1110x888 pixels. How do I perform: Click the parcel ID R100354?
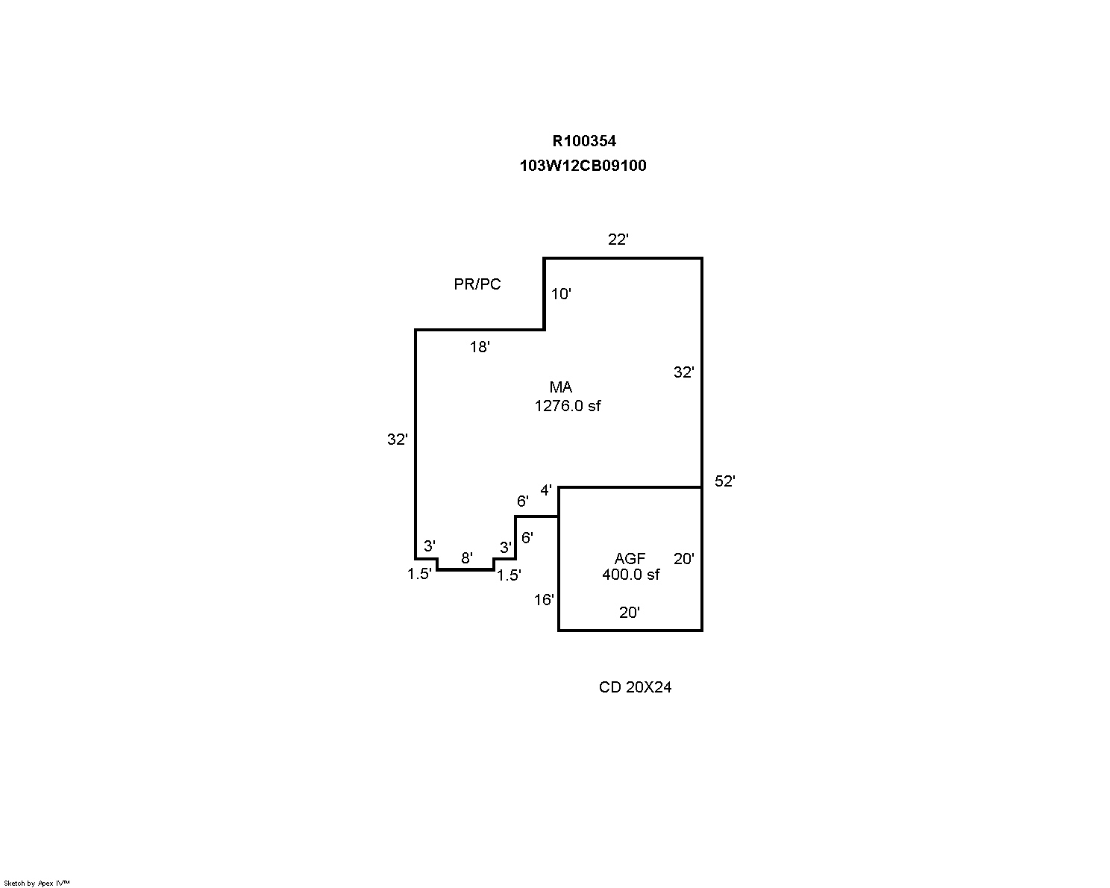coord(584,141)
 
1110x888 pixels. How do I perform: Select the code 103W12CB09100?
coord(583,166)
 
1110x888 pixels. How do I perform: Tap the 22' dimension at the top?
coord(618,240)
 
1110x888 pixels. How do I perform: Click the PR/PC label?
coord(477,284)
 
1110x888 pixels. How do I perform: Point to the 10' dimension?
coord(561,294)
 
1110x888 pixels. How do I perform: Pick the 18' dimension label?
coord(479,347)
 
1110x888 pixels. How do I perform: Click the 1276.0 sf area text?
coord(568,406)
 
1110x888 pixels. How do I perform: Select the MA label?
coord(561,387)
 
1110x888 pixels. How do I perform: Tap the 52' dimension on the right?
coord(724,481)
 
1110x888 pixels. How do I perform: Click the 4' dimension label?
coord(546,490)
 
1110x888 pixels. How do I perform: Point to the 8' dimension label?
coord(466,558)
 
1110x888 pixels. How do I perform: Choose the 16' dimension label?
coord(544,600)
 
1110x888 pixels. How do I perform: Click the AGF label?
coord(630,559)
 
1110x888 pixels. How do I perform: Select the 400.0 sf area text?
coord(630,575)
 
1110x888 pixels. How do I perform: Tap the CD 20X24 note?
coord(635,687)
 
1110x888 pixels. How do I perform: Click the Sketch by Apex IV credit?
coord(37,884)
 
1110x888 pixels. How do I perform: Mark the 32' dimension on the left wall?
coord(397,440)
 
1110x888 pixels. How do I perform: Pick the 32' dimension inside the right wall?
coord(683,372)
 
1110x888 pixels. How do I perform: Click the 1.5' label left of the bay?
coord(418,575)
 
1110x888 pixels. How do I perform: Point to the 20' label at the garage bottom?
coord(630,613)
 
